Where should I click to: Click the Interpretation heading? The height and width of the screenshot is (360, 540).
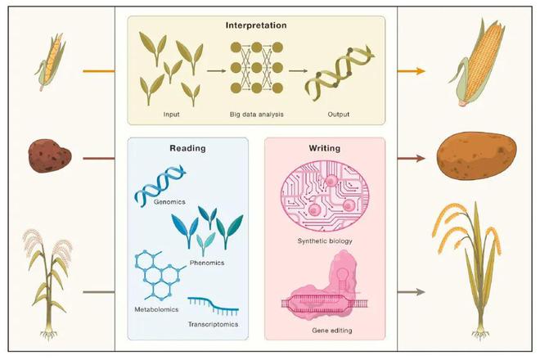coord(256,25)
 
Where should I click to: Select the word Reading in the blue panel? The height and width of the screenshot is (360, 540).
coord(187,148)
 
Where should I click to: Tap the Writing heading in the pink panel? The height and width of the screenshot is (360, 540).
coord(325,148)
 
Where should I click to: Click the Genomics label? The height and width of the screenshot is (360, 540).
coord(169,202)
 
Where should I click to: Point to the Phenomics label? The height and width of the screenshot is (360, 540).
coord(207,263)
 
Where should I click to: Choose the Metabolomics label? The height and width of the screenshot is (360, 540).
coord(156,309)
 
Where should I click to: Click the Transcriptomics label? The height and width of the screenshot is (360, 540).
coord(213,324)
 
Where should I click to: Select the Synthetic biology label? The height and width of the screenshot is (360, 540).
coord(325,241)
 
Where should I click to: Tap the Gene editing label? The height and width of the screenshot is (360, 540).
coord(332,331)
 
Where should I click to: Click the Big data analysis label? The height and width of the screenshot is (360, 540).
coord(257,115)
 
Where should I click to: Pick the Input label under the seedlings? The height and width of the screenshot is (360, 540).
coord(171,115)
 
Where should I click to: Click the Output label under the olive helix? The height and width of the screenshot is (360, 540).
coord(338,115)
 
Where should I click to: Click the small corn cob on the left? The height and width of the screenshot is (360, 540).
coord(51,61)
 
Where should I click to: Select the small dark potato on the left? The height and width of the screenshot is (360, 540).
coord(50,155)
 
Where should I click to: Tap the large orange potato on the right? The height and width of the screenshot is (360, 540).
coord(477,155)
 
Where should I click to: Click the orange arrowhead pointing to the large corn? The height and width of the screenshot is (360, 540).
coord(421,71)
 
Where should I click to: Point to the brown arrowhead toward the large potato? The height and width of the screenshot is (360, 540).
coord(421,159)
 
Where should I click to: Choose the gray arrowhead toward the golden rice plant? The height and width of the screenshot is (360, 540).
coord(421,292)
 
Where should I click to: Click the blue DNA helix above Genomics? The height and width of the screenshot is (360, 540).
coord(160,186)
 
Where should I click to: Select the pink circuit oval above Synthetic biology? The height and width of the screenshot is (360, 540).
coord(325,196)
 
